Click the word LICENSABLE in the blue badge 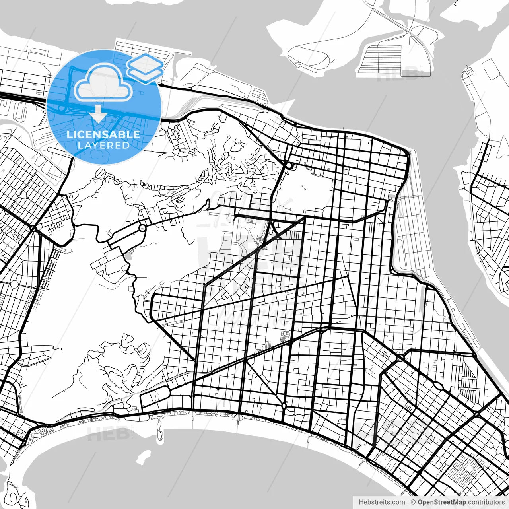pos(103,134)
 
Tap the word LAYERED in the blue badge pos(103,145)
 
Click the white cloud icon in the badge pos(103,83)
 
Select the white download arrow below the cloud pos(98,113)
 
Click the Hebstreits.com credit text pos(382,502)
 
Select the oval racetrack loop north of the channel pos(309,56)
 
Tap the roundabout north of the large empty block pos(289,165)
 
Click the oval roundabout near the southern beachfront pos(284,406)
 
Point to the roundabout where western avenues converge pos(33,229)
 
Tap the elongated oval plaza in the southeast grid pos(437,385)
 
